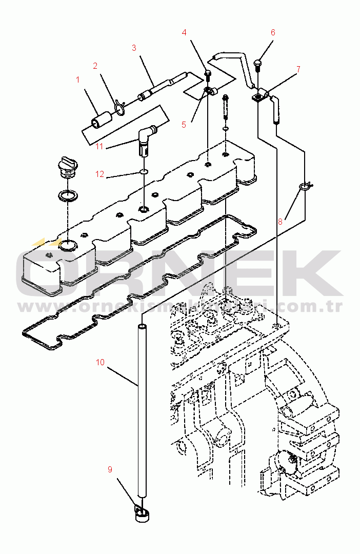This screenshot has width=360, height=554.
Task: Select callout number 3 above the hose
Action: point(134,48)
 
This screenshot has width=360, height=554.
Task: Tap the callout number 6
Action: point(273,32)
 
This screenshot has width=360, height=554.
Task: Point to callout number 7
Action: point(298,69)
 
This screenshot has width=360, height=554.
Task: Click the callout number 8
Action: point(280,222)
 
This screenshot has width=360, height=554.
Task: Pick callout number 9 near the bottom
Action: point(110,469)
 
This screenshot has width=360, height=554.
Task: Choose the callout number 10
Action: point(100,362)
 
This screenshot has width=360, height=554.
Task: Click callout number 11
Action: point(99,146)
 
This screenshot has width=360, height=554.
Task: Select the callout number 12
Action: point(99,174)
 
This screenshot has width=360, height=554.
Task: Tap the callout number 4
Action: point(184,32)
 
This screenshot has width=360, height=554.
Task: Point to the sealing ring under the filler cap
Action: point(68,195)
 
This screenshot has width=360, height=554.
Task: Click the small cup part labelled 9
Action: point(141,513)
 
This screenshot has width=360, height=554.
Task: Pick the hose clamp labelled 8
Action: point(306,186)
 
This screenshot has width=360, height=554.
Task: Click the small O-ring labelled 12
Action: point(144,172)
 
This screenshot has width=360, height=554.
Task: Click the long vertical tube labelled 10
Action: point(142,410)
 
